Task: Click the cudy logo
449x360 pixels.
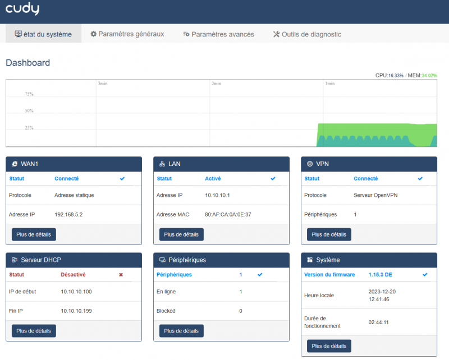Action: click(x=22, y=10)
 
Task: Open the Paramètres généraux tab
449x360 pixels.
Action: click(x=127, y=34)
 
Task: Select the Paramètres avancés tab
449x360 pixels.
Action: click(x=218, y=34)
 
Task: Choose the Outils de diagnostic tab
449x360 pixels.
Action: click(x=307, y=34)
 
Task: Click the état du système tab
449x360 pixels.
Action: click(x=43, y=34)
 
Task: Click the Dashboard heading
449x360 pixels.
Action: click(x=28, y=63)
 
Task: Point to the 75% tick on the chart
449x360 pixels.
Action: click(x=29, y=94)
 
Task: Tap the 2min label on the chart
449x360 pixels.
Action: click(x=216, y=84)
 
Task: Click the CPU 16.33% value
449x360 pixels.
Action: click(x=396, y=75)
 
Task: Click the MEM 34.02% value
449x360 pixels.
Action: click(x=429, y=75)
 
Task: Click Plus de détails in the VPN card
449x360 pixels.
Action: click(x=329, y=234)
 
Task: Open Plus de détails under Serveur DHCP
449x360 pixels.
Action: click(x=34, y=331)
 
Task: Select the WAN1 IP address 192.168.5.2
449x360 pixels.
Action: click(x=68, y=214)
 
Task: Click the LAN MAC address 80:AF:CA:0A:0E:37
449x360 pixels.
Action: click(x=228, y=214)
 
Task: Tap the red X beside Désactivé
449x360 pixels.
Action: click(x=121, y=275)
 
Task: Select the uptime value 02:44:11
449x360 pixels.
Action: click(x=379, y=322)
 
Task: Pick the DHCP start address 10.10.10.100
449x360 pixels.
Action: click(x=76, y=292)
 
